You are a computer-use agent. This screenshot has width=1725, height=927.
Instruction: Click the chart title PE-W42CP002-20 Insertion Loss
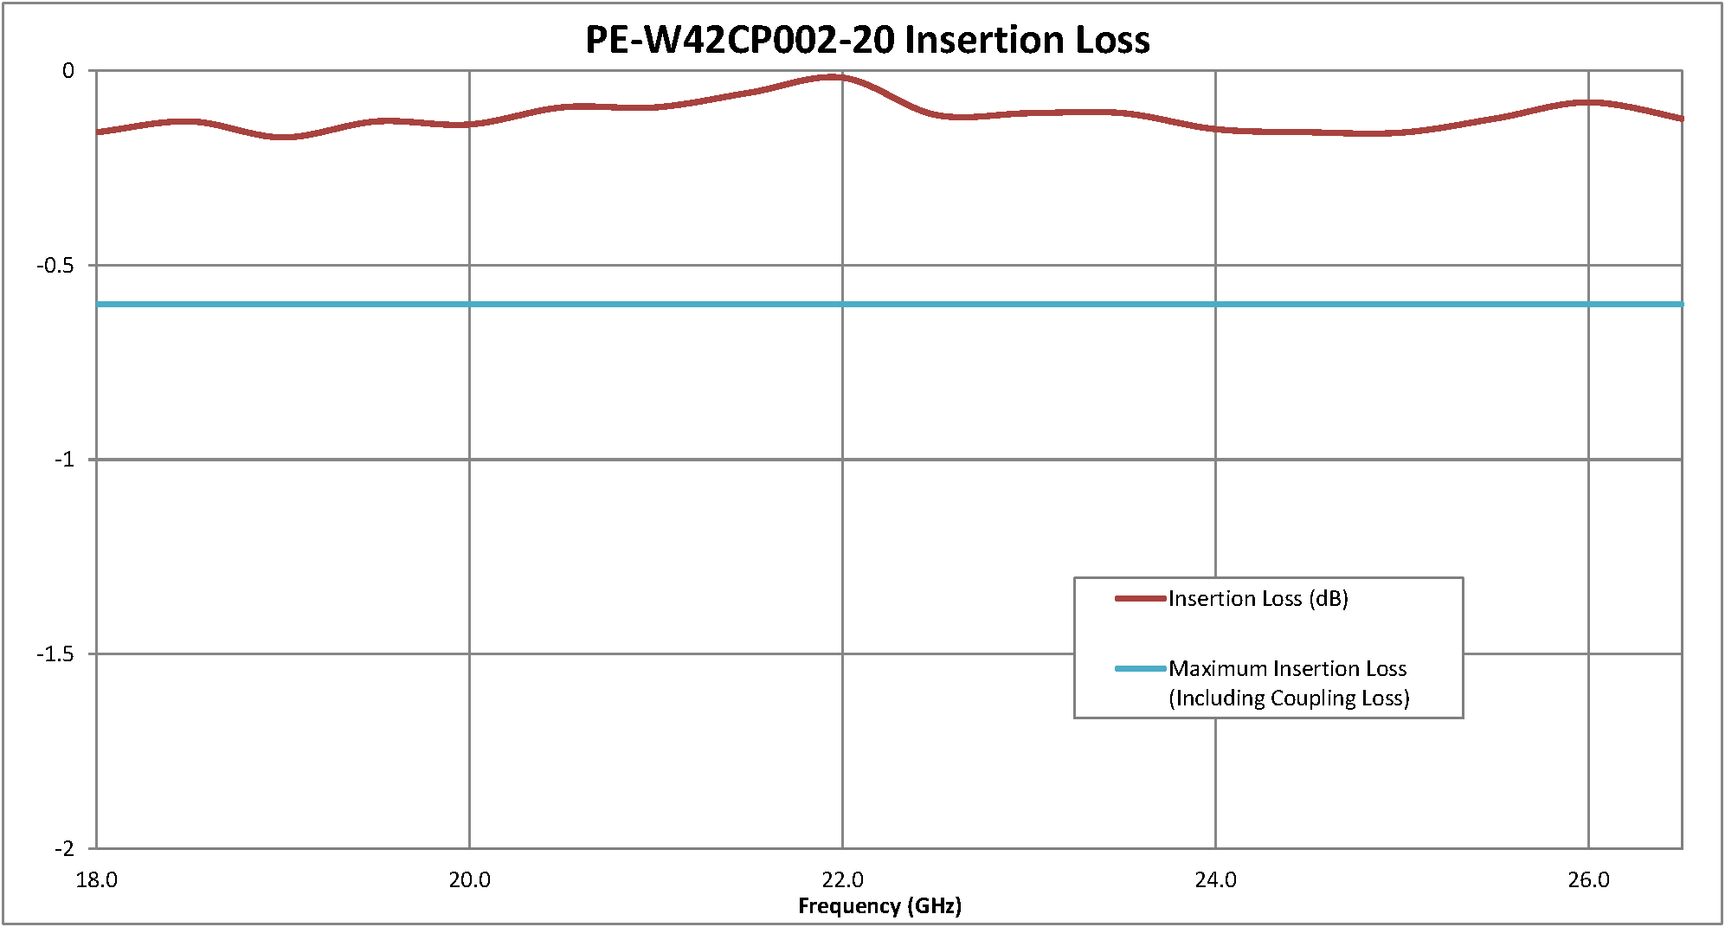tap(867, 40)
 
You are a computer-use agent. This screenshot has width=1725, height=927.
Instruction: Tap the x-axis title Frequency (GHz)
tap(879, 906)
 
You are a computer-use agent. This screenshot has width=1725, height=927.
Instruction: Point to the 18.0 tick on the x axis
tap(97, 880)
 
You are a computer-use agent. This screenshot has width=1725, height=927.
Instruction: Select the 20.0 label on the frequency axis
tap(469, 880)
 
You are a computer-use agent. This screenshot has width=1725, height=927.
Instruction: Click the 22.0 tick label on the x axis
tap(842, 880)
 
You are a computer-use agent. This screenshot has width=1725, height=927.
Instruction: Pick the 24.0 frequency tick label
tap(1215, 880)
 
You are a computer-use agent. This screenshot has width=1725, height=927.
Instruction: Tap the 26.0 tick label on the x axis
tap(1588, 880)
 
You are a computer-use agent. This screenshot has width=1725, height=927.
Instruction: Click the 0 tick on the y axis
tap(68, 71)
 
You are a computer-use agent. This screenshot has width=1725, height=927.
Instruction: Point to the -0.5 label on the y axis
tap(55, 266)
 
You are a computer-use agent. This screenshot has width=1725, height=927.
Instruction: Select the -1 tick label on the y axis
tap(64, 460)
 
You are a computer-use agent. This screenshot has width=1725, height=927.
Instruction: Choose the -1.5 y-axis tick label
tap(55, 654)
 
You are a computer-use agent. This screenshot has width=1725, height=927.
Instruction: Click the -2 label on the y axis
tap(64, 849)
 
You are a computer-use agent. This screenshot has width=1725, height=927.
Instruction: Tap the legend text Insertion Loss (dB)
tap(1258, 599)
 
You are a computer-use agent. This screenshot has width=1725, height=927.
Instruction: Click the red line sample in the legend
tap(1140, 599)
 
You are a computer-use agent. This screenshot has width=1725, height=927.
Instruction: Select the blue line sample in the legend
tap(1140, 668)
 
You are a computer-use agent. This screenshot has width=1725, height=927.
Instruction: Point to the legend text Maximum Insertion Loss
tap(1287, 668)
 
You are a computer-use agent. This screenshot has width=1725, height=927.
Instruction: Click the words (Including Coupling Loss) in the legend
tap(1289, 698)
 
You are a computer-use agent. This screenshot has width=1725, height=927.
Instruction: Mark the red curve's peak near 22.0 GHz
tap(834, 77)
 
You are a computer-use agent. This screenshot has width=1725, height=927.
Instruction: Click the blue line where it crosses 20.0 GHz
tap(469, 305)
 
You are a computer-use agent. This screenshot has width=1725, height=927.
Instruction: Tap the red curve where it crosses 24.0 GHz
tap(1215, 129)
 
